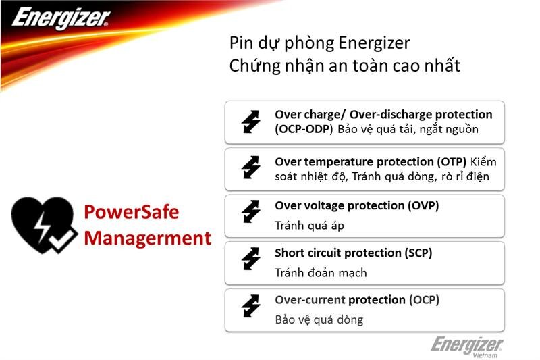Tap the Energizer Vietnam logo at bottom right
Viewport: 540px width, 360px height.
tap(467, 346)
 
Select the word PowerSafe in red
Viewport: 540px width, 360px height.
tap(132, 212)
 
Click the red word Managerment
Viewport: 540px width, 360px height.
tap(147, 238)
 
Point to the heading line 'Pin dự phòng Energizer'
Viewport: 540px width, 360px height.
tap(319, 43)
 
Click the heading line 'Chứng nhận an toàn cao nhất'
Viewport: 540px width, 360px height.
tap(344, 66)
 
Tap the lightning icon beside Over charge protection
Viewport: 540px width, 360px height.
tap(250, 122)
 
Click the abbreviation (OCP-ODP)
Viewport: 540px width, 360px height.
tap(304, 129)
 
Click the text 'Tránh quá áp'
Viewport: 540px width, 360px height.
tap(309, 226)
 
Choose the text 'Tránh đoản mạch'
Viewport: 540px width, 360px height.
tap(321, 273)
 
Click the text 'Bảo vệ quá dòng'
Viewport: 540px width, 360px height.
tap(319, 319)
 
